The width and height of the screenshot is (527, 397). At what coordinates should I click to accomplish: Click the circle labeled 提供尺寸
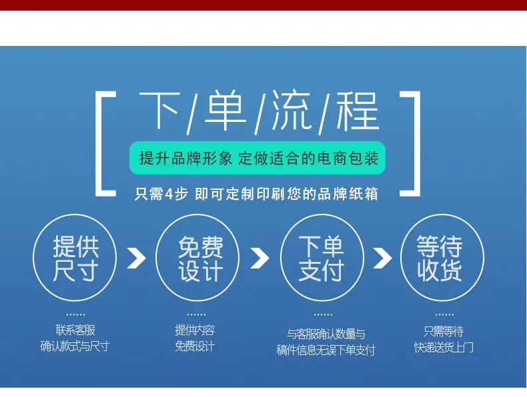point(75,214)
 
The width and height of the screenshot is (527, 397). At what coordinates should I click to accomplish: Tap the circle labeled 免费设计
point(197,214)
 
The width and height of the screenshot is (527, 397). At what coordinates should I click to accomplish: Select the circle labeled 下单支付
point(322,214)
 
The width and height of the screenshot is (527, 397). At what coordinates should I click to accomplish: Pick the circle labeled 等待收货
point(442,214)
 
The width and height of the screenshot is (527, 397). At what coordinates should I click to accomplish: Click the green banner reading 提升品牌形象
point(257,158)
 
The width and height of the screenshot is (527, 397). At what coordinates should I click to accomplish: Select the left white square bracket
point(99,144)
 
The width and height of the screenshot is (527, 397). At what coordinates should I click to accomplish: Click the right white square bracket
point(417,144)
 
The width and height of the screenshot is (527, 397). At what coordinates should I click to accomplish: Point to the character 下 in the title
point(159,111)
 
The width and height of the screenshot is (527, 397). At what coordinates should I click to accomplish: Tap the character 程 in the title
point(358,111)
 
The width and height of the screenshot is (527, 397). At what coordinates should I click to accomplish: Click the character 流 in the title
point(291,111)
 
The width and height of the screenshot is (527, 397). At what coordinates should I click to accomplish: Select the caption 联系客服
point(75,330)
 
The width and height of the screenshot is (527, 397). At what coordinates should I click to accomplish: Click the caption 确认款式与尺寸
point(75,346)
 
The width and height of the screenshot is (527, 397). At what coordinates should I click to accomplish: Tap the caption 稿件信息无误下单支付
point(326,350)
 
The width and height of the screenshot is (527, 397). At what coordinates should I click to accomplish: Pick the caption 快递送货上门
point(444,347)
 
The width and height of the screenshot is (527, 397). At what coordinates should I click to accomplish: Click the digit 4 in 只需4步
point(169,194)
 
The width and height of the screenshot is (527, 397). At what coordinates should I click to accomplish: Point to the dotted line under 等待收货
point(444,315)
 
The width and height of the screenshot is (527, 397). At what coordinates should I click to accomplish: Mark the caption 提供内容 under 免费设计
point(195,330)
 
